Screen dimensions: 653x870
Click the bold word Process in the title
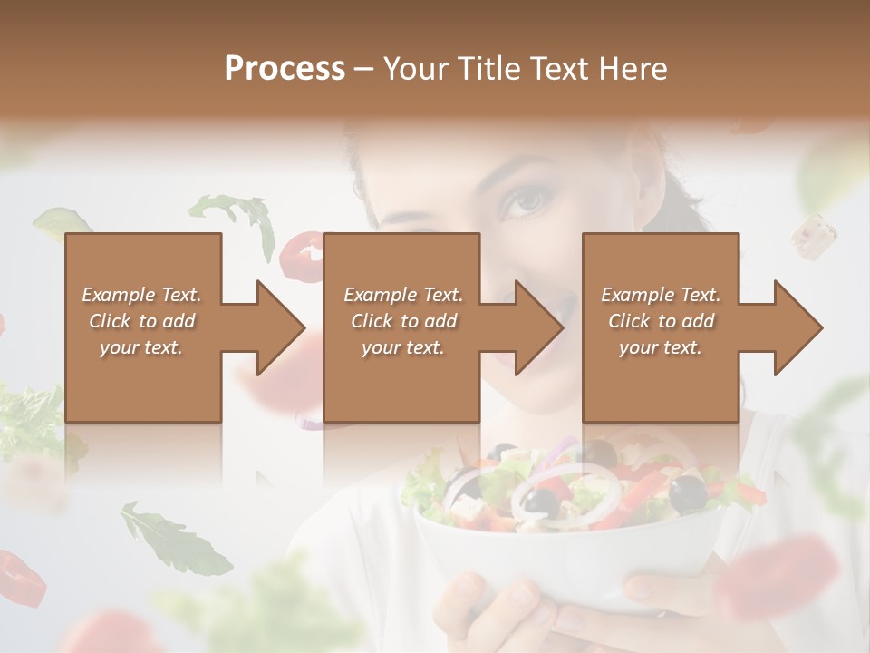(x=285, y=68)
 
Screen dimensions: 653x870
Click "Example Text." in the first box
(x=141, y=295)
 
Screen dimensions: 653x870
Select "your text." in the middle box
(x=402, y=347)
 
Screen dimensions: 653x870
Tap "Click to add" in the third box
(x=662, y=321)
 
